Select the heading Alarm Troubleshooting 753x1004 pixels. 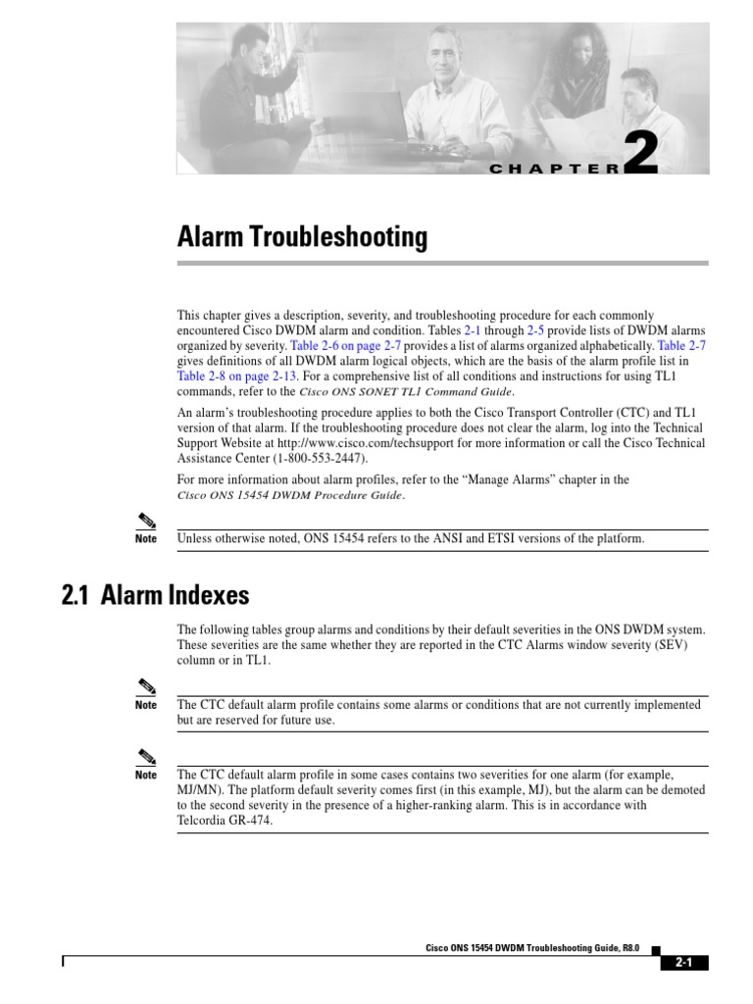pyautogui.click(x=302, y=236)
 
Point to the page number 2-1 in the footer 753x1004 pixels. pyautogui.click(x=683, y=962)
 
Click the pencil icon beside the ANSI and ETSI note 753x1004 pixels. pyautogui.click(x=145, y=519)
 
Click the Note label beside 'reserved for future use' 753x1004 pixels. pyautogui.click(x=146, y=705)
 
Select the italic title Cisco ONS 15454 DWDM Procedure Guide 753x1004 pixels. pyautogui.click(x=289, y=495)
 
